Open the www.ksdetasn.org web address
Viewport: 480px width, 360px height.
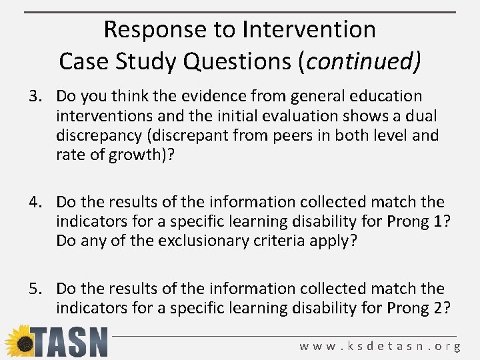[x=380, y=346]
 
